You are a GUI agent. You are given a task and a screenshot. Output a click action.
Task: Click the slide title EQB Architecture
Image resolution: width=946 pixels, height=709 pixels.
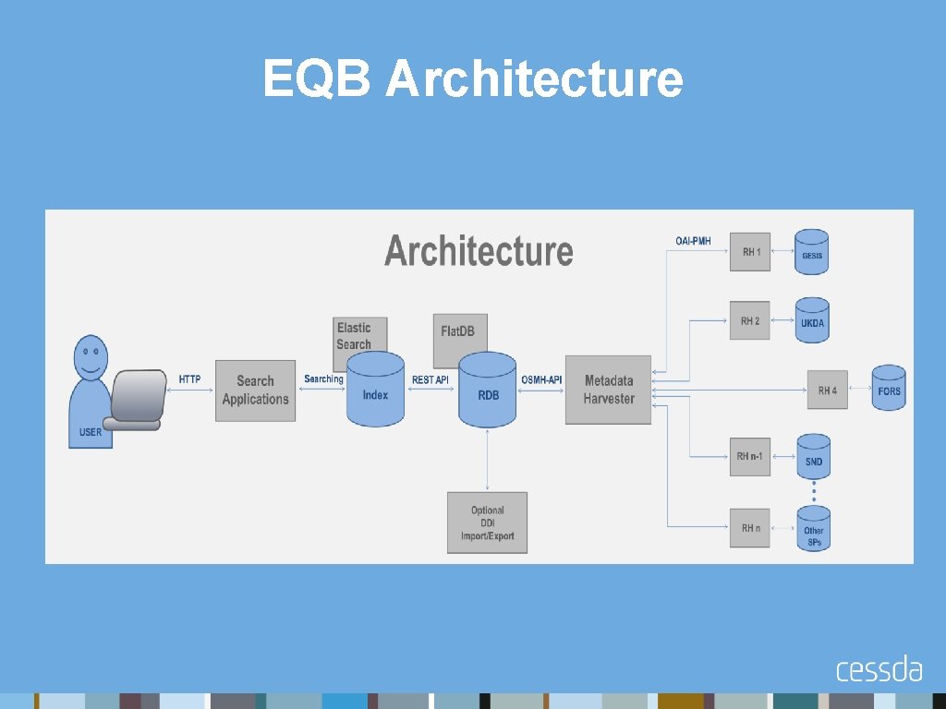[472, 78]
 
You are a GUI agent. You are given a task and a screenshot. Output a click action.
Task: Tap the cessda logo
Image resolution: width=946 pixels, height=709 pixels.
[879, 668]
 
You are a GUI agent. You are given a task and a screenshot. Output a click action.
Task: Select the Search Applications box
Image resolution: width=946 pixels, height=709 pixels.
[255, 391]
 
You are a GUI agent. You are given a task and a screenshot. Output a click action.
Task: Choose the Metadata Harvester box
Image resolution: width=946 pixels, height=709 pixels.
[608, 390]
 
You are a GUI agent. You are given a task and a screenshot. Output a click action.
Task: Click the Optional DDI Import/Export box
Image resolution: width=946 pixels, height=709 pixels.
[487, 523]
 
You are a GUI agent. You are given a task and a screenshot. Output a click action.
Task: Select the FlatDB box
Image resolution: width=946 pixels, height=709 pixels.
[459, 330]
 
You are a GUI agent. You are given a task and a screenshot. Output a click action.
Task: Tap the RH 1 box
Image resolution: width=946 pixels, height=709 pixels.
[749, 251]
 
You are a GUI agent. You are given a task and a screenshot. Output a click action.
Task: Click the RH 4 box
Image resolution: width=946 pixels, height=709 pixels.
[827, 391]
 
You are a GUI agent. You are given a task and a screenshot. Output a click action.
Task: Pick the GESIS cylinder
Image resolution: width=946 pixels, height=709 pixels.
[812, 252]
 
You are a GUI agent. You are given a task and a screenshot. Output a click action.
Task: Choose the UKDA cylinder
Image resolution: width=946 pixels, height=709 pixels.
[812, 320]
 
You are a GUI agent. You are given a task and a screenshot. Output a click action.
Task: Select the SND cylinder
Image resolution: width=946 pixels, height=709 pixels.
[813, 457]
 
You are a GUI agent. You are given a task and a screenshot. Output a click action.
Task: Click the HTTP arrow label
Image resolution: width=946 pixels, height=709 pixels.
[189, 379]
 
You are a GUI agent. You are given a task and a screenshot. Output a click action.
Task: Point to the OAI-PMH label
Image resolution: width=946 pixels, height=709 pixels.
[693, 242]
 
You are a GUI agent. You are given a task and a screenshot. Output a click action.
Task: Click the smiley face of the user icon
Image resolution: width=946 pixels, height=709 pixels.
[90, 355]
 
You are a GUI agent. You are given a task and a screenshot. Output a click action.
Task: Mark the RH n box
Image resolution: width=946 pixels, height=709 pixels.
[749, 528]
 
